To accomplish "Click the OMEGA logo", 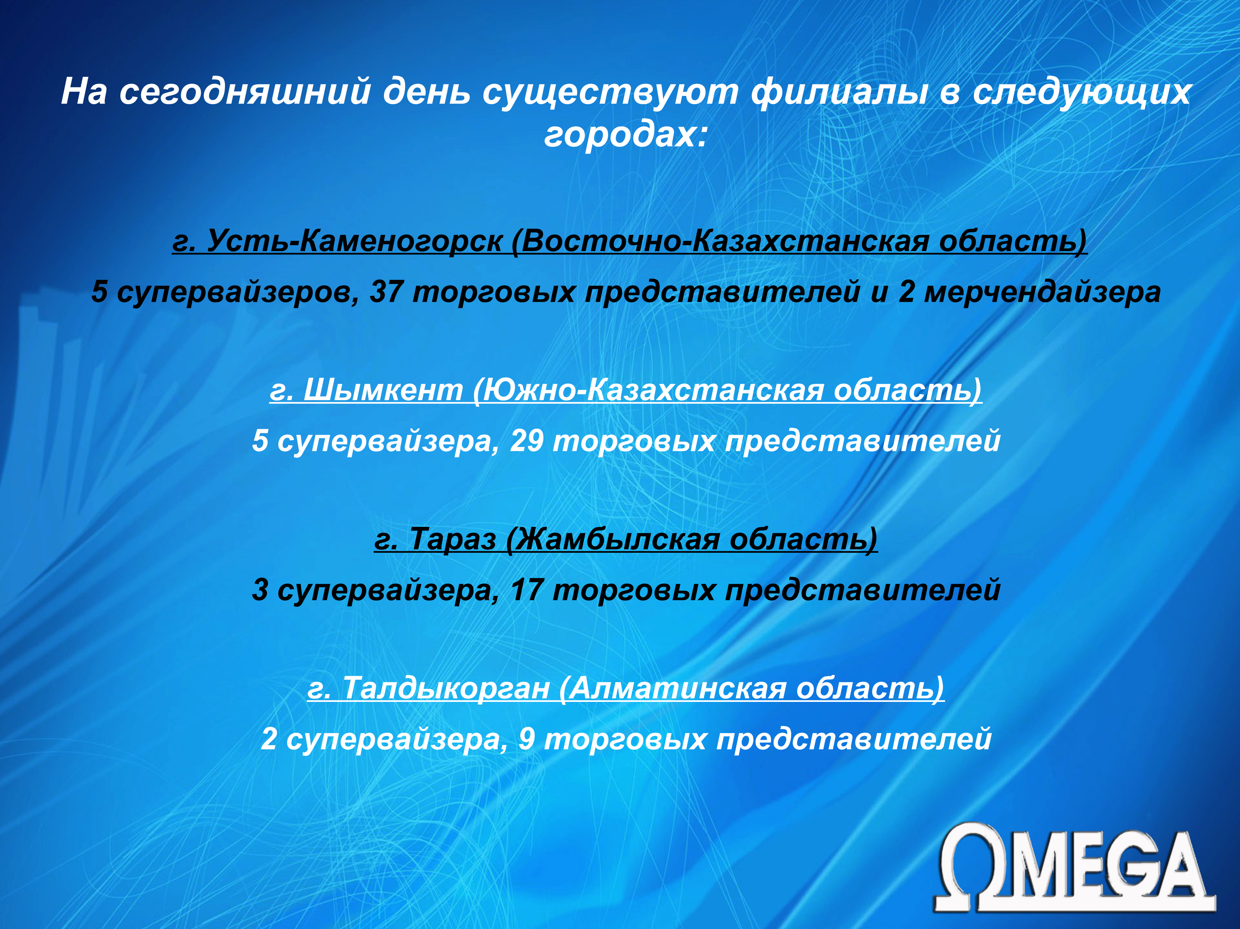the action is pyautogui.click(x=1074, y=866).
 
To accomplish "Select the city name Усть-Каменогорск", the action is pyautogui.click(x=354, y=241).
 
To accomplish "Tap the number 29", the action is pyautogui.click(x=526, y=440).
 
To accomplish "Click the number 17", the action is pyautogui.click(x=527, y=590).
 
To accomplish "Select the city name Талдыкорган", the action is pyautogui.click(x=446, y=688).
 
